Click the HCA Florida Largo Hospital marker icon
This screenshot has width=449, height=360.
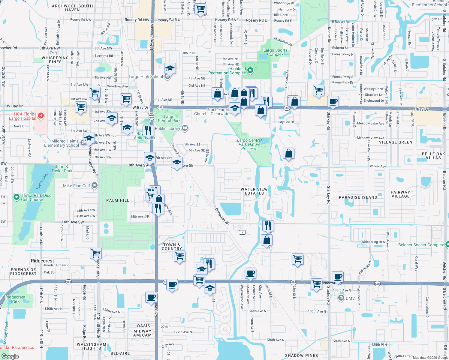(41, 115)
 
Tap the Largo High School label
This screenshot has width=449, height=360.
(146, 76)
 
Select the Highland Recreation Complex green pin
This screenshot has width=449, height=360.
(250, 71)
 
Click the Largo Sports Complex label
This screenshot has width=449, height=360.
(275, 52)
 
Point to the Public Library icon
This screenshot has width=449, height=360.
(185, 128)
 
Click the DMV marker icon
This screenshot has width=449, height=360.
(341, 298)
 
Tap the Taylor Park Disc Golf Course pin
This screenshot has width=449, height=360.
(17, 197)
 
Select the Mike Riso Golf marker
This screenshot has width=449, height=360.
(95, 186)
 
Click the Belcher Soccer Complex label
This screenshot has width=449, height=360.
(421, 245)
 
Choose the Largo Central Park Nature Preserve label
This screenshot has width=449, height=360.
(249, 144)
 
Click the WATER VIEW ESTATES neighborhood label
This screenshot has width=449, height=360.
(254, 191)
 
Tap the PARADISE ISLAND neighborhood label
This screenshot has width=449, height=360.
(358, 197)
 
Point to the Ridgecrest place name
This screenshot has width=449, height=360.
(43, 261)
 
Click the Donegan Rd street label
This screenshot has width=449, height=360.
(222, 216)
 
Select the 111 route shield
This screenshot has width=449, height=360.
(242, 232)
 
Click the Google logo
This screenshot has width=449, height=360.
(10, 356)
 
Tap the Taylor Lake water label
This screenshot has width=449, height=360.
(42, 181)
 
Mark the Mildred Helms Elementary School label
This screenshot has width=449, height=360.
(62, 143)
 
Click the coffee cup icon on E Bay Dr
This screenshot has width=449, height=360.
(333, 101)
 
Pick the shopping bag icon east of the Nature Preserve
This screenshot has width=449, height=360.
(288, 154)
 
